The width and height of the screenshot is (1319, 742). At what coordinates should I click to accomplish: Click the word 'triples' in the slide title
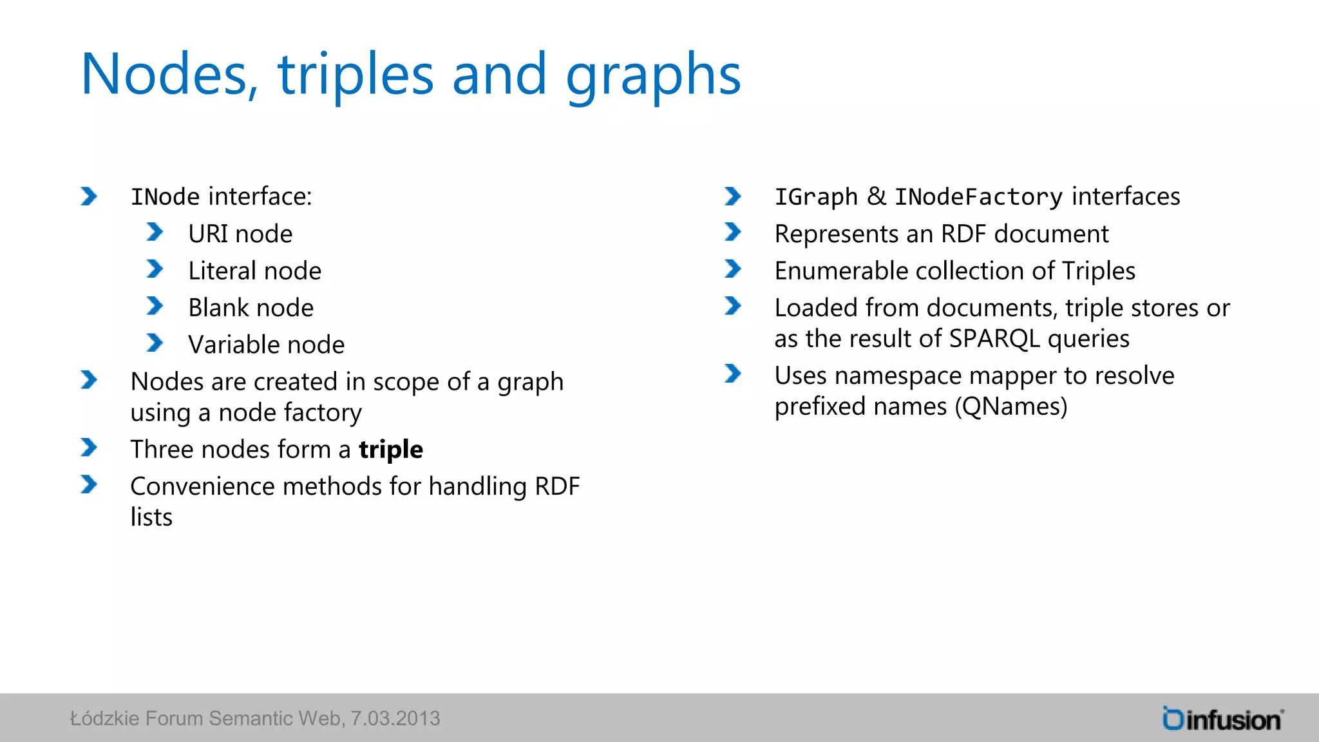click(356, 76)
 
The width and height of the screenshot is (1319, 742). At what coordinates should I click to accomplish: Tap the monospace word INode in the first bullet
click(165, 197)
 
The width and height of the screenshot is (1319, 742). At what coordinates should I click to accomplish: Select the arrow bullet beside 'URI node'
click(155, 232)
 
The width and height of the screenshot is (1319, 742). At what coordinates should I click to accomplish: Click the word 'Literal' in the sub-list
click(223, 271)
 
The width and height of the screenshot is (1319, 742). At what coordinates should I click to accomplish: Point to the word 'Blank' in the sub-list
click(218, 308)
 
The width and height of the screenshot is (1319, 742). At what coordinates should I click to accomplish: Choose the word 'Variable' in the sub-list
click(234, 345)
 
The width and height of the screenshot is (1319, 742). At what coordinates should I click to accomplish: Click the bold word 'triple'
click(391, 450)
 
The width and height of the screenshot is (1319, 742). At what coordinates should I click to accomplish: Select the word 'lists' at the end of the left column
click(151, 517)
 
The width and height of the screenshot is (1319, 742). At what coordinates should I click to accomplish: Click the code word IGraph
click(815, 197)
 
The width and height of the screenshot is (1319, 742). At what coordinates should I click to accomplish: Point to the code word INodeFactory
click(978, 197)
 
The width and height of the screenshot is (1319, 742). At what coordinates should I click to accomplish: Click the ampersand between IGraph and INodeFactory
click(876, 196)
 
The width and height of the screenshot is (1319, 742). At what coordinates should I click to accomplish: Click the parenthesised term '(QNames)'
click(1011, 407)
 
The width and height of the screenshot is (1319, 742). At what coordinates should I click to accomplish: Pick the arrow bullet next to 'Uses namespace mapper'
click(733, 374)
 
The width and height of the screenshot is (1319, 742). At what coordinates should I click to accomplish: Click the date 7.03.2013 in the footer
click(395, 718)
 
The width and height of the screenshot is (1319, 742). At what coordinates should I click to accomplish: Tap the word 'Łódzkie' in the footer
click(104, 718)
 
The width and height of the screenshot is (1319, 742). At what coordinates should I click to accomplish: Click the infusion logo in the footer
click(1222, 719)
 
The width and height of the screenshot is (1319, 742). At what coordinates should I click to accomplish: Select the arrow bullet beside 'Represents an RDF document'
click(733, 232)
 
